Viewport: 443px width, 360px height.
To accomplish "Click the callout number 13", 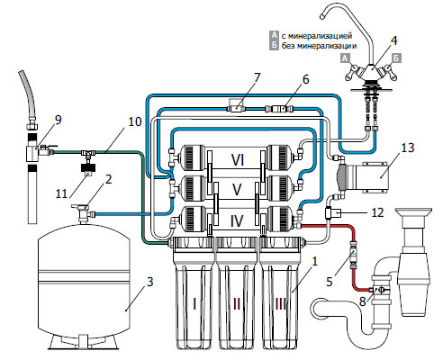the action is pyautogui.click(x=408, y=148).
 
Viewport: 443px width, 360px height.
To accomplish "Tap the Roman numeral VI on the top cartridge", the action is pyautogui.click(x=238, y=159).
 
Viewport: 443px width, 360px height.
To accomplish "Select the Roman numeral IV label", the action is pyautogui.click(x=237, y=221).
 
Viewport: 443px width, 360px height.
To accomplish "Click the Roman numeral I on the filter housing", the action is pyautogui.click(x=194, y=304).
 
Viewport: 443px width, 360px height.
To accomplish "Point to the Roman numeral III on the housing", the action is pyautogui.click(x=281, y=304).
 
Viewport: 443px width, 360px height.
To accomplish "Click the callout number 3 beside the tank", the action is pyautogui.click(x=149, y=282).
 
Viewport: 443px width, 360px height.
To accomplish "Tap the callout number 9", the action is pyautogui.click(x=58, y=120).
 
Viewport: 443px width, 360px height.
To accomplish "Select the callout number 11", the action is pyautogui.click(x=61, y=193).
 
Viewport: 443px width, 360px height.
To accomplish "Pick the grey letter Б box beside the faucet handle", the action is pyautogui.click(x=397, y=58).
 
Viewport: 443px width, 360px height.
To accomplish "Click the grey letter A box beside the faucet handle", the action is pyautogui.click(x=346, y=58).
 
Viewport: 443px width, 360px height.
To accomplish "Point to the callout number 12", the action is pyautogui.click(x=377, y=212).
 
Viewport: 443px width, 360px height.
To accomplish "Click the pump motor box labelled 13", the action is pyautogui.click(x=375, y=177).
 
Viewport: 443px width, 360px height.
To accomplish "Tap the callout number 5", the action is pyautogui.click(x=330, y=282).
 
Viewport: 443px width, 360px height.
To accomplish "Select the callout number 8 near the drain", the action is pyautogui.click(x=363, y=301).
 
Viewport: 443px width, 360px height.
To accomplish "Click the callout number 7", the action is pyautogui.click(x=257, y=78).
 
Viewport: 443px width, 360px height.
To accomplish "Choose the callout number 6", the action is pyautogui.click(x=305, y=79).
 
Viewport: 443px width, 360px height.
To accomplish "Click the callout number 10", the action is pyautogui.click(x=135, y=121).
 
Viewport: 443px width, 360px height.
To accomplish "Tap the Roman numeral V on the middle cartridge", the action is pyautogui.click(x=237, y=189).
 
